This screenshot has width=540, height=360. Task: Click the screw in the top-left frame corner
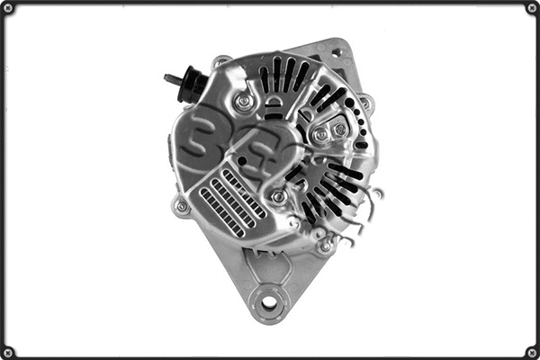click(x=8, y=8)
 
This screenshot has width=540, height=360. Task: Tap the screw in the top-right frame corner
click(x=531, y=8)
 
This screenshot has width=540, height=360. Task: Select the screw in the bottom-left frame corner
click(x=8, y=351)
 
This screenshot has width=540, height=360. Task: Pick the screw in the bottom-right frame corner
click(x=531, y=351)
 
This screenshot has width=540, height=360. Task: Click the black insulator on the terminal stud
click(x=192, y=85)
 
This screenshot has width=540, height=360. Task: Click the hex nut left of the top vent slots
click(x=243, y=102)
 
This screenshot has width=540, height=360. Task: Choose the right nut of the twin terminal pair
click(x=339, y=130)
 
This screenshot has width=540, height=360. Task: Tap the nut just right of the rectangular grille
click(x=279, y=195)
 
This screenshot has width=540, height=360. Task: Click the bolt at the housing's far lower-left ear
click(x=182, y=206)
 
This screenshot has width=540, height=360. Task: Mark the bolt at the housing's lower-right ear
click(x=324, y=244)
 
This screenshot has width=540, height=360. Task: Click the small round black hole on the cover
click(x=241, y=161)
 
